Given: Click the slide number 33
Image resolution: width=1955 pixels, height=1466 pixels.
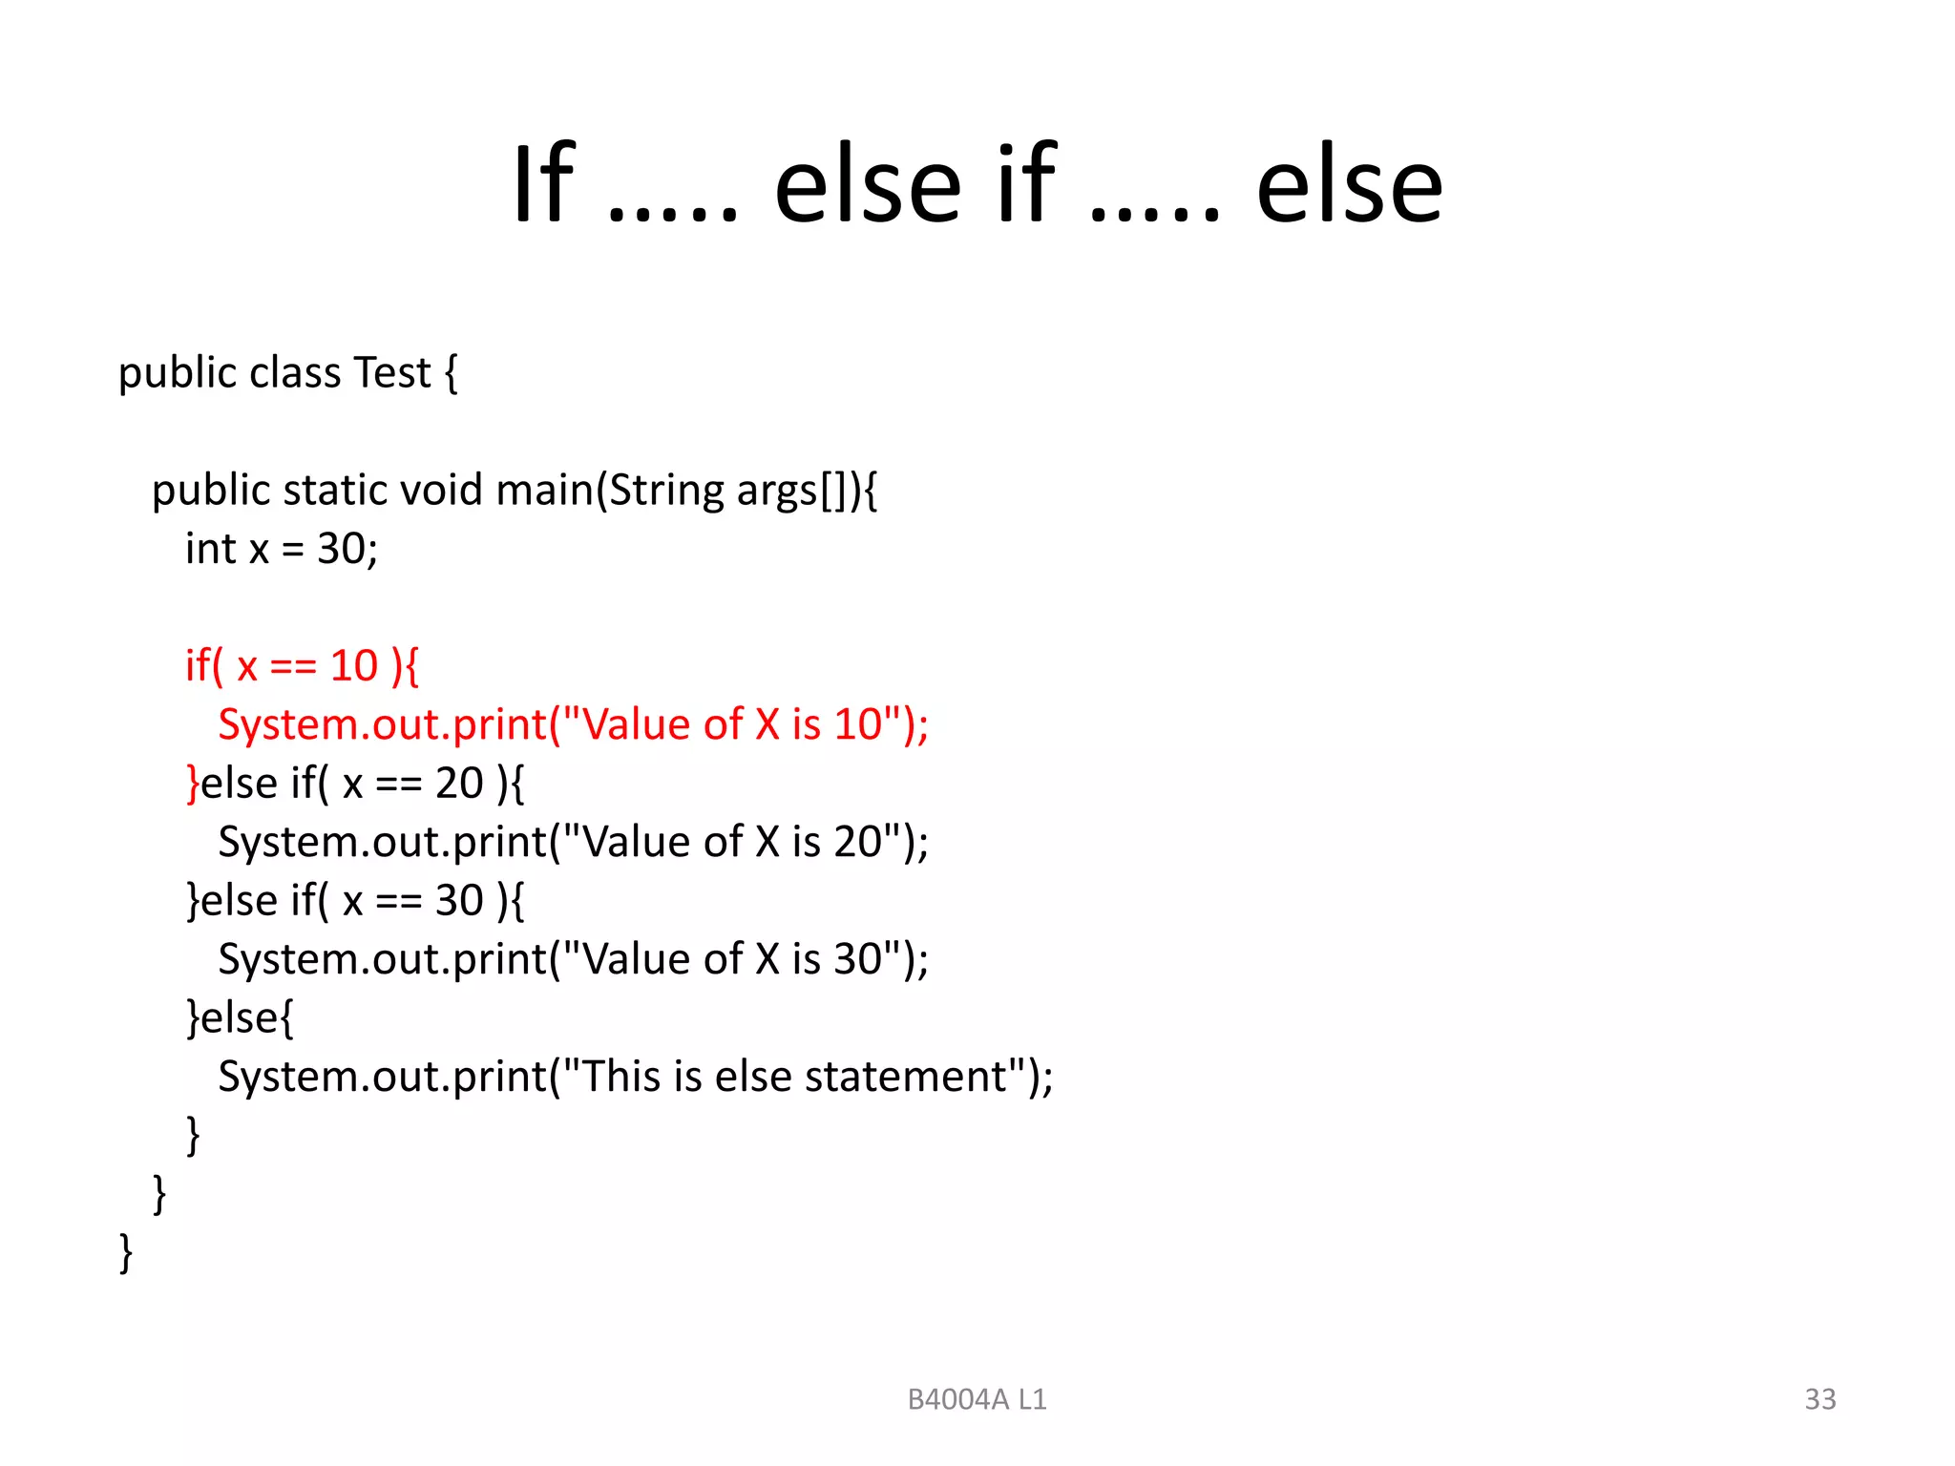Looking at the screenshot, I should [1819, 1399].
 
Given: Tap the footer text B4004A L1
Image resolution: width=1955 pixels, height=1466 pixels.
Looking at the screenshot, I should [977, 1399].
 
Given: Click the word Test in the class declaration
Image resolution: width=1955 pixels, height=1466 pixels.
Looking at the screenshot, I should [391, 372].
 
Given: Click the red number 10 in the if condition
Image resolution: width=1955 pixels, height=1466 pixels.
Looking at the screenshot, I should [354, 666].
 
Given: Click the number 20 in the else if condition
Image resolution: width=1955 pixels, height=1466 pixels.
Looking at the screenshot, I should [459, 784].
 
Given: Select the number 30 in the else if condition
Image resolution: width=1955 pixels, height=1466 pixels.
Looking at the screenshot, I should [459, 901].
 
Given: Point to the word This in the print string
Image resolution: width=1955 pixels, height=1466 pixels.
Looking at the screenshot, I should [621, 1077].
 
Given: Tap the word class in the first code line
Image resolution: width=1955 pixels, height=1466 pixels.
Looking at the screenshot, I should [295, 372].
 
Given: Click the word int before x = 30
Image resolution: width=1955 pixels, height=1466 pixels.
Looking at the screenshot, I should [210, 550].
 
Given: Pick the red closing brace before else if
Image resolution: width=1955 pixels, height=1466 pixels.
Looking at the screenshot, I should [193, 784].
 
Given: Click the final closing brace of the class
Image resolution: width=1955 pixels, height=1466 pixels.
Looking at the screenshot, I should [125, 1252].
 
